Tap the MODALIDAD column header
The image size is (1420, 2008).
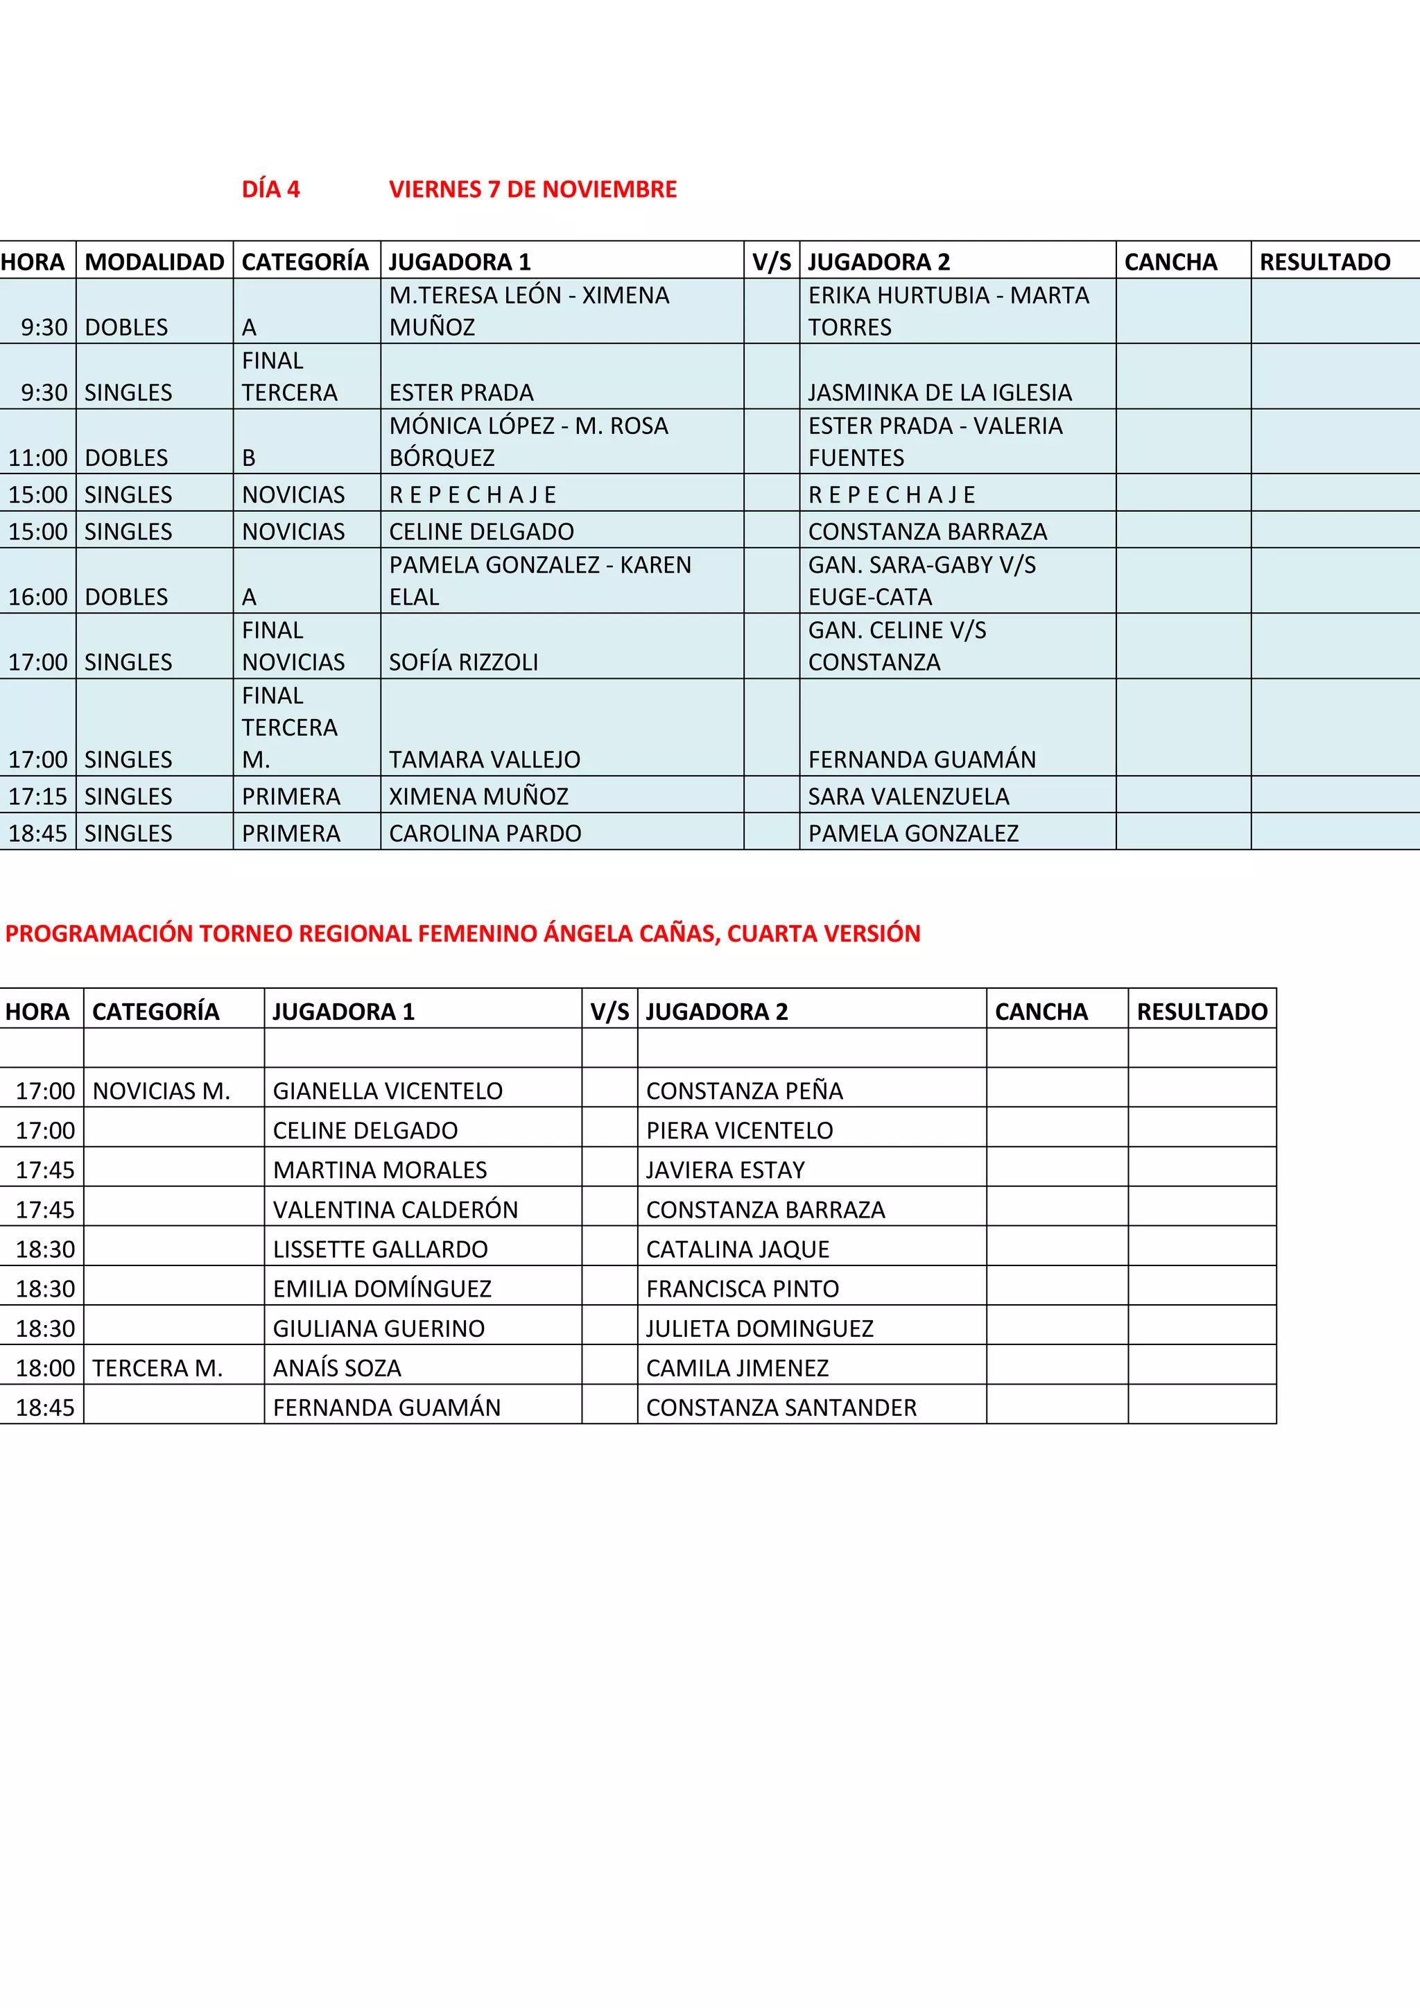154,261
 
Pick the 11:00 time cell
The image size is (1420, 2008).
37,458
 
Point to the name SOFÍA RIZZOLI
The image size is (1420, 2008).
463,662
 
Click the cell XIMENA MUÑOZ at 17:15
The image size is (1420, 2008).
478,796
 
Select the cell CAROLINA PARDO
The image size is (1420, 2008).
485,833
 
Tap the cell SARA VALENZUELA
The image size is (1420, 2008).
908,796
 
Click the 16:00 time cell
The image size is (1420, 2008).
37,596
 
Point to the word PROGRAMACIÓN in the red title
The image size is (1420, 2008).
99,933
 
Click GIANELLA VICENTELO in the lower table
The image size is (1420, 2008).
388,1091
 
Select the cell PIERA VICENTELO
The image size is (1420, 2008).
739,1130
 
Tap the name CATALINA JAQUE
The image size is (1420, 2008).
737,1249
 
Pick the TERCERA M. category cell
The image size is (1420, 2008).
157,1368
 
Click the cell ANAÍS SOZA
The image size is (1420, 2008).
337,1368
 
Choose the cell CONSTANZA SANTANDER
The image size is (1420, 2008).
781,1407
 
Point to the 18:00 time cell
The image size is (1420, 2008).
44,1368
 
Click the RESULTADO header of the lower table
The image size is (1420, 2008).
1202,1011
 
